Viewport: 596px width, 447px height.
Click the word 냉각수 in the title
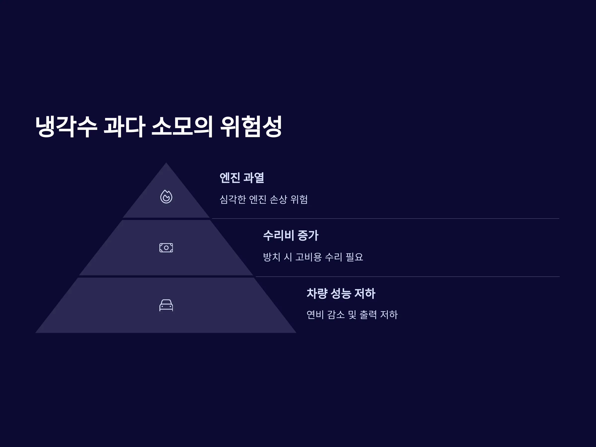coord(66,127)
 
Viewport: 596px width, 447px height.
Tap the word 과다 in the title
coord(124,127)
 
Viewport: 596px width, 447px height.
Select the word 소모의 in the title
coord(183,127)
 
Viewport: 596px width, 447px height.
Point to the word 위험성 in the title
coord(251,127)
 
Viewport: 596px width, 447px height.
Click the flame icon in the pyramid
coord(166,197)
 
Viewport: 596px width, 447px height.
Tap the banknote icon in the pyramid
coord(166,248)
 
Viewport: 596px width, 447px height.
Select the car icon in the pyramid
coord(166,305)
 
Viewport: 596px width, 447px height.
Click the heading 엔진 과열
coord(242,178)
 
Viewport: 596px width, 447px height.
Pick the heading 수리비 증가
coord(291,235)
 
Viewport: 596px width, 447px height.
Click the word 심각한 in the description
coord(233,200)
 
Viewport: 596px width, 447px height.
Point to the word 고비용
coord(308,257)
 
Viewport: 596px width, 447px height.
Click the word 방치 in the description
coord(272,257)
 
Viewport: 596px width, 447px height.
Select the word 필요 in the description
coord(354,257)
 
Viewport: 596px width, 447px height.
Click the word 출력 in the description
coord(368,315)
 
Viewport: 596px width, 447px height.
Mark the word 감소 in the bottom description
coord(336,315)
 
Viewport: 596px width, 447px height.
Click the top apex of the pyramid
coord(166,163)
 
